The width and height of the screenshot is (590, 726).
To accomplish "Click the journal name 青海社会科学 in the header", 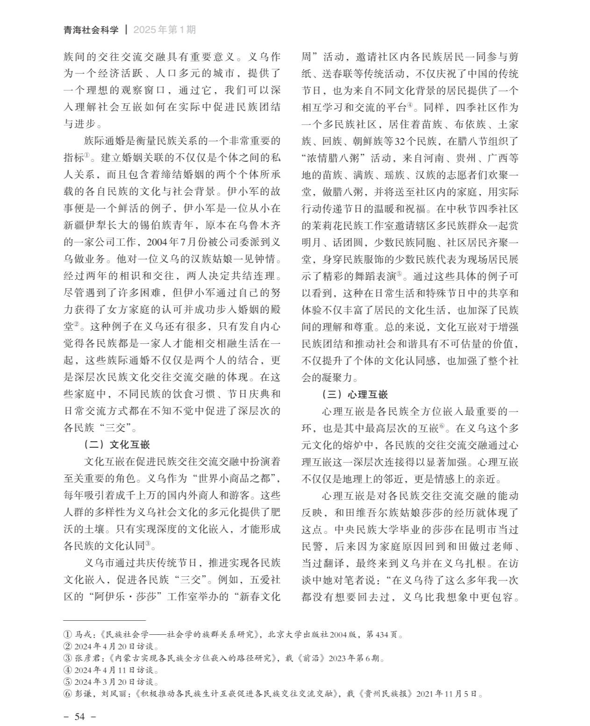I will [x=91, y=30].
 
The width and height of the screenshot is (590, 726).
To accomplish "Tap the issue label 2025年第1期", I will [x=165, y=30].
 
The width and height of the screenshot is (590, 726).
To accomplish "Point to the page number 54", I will [x=79, y=716].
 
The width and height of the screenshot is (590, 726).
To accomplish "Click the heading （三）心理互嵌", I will [x=355, y=394].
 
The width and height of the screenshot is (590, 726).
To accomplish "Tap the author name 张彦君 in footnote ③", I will [x=86, y=658].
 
